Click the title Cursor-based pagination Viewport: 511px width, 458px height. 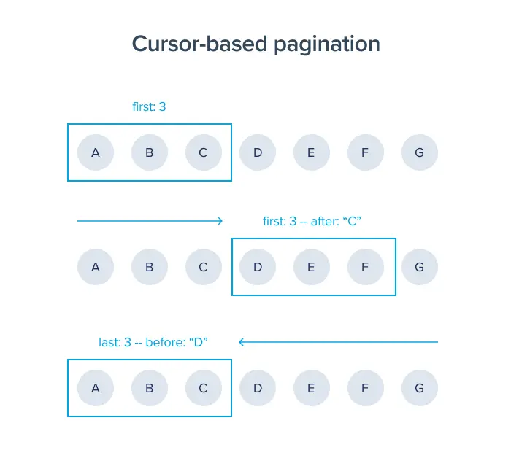pyautogui.click(x=255, y=44)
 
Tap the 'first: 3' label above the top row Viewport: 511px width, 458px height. pyautogui.click(x=149, y=106)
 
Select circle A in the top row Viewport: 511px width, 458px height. pyautogui.click(x=96, y=152)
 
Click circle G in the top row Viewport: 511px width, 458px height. pyautogui.click(x=420, y=152)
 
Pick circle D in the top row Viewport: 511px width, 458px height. pyautogui.click(x=258, y=152)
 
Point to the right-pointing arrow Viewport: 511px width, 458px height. pyautogui.click(x=150, y=220)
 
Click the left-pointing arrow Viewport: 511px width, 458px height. pyautogui.click(x=338, y=341)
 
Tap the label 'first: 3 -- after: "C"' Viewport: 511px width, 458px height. pyautogui.click(x=312, y=220)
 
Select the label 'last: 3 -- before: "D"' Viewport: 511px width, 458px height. pyautogui.click(x=154, y=341)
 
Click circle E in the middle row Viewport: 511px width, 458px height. pyautogui.click(x=312, y=267)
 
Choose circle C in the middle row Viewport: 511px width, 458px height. pyautogui.click(x=204, y=267)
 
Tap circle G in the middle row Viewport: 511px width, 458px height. pyautogui.click(x=420, y=267)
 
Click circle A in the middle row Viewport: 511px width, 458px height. pyautogui.click(x=96, y=267)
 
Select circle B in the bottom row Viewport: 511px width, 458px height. pyautogui.click(x=150, y=388)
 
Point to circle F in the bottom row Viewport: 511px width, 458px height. pyautogui.click(x=366, y=388)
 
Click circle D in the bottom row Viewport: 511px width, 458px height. pyautogui.click(x=258, y=388)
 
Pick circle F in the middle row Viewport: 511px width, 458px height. pyautogui.click(x=366, y=267)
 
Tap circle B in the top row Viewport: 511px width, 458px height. pyautogui.click(x=150, y=152)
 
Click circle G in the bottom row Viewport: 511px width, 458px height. pyautogui.click(x=420, y=388)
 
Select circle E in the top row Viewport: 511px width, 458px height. pyautogui.click(x=312, y=152)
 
